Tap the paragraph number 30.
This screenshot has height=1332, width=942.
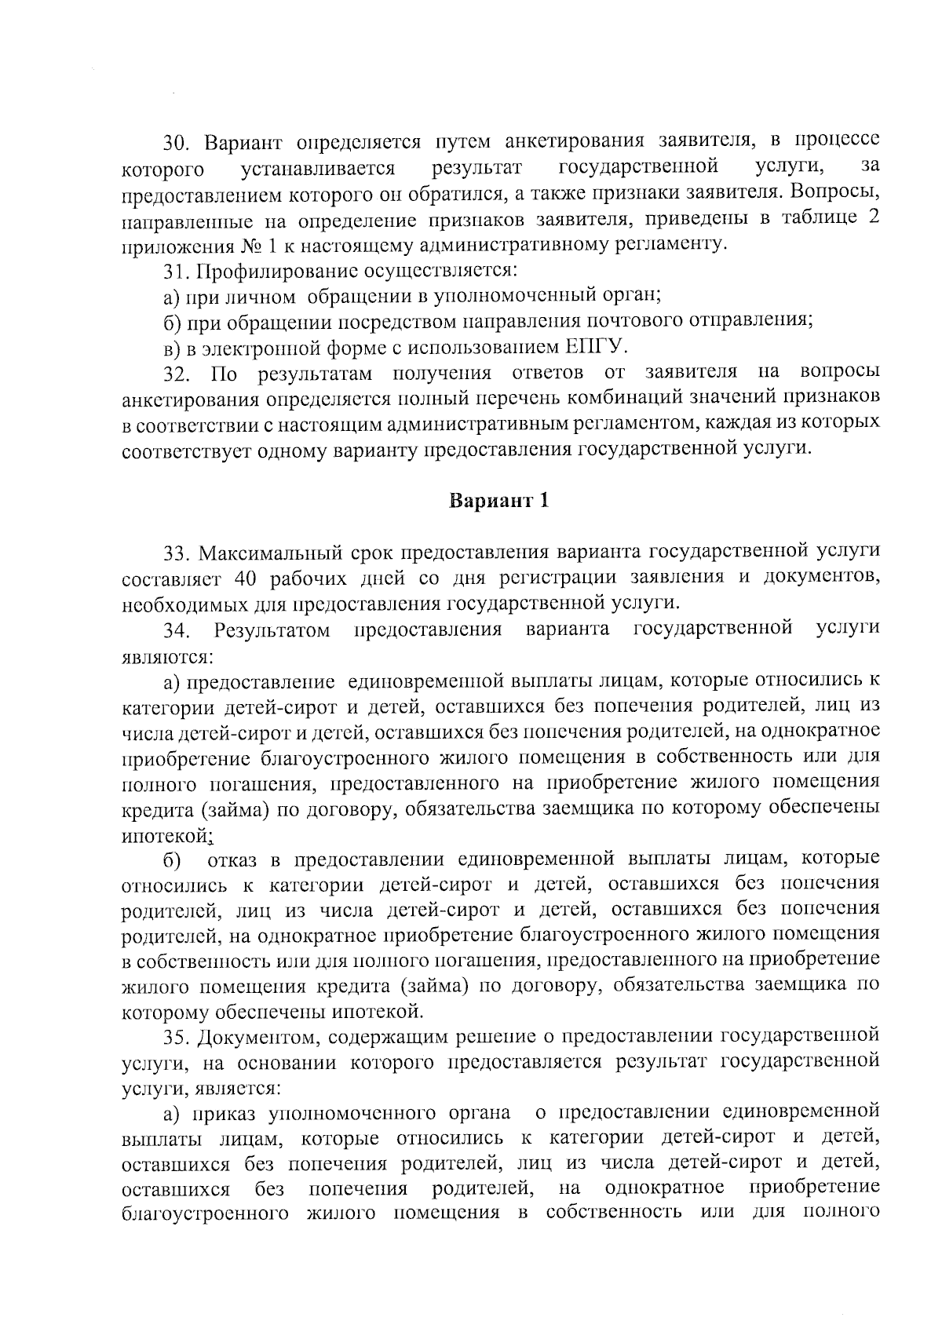coord(177,143)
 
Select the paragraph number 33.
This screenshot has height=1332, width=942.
coord(177,553)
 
